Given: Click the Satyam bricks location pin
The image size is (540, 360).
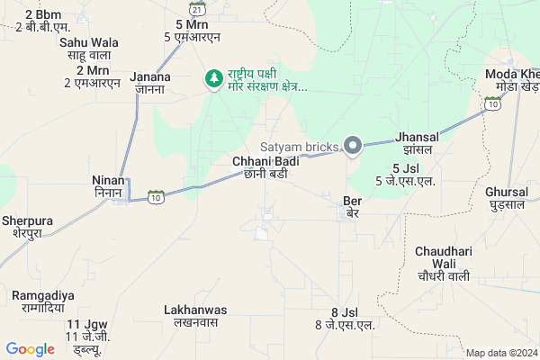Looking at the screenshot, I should tap(354, 145).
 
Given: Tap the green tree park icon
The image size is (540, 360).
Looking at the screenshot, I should tap(214, 79).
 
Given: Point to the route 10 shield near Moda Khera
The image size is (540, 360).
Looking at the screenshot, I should tap(491, 104).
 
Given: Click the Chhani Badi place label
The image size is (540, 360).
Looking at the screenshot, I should tap(265, 167).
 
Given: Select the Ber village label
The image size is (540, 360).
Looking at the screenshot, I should tap(352, 206).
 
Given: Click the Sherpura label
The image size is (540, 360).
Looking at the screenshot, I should tap(27, 226).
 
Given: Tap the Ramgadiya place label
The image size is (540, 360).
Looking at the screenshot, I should tap(43, 301).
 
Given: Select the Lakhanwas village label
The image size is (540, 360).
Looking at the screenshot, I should tap(195, 316).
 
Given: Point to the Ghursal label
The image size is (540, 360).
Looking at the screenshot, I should tap(507, 199).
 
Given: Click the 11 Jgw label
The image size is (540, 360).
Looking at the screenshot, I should tap(86, 330).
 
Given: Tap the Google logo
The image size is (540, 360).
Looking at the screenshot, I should tap(30, 349).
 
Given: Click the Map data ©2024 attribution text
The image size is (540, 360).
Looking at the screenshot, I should tap(500, 353).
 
